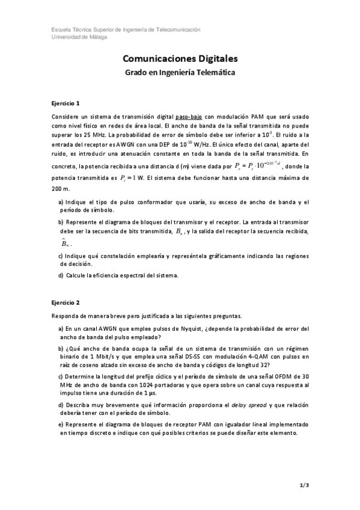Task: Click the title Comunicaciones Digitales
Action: (x=180, y=59)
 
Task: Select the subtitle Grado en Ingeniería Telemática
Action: (x=180, y=73)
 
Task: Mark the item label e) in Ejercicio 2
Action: (x=61, y=425)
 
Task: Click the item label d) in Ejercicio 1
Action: (x=61, y=275)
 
